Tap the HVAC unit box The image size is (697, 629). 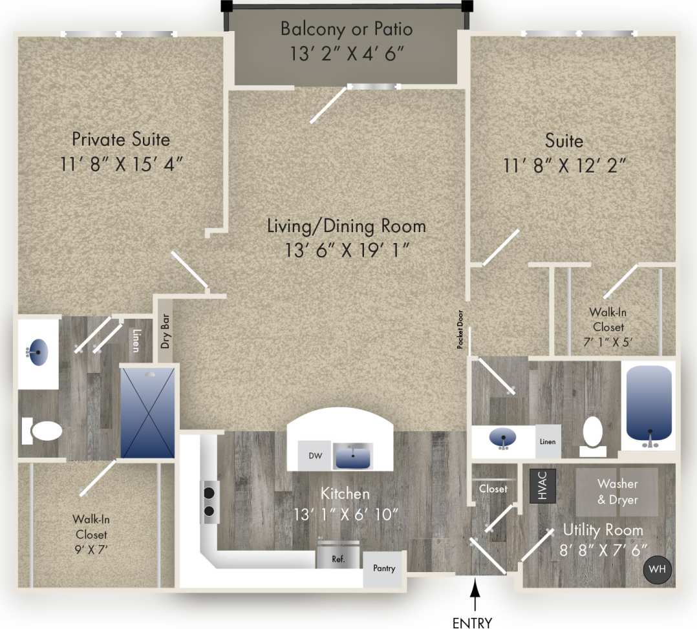[x=542, y=485]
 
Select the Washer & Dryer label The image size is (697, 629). [x=617, y=491]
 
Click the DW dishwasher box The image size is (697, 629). [x=315, y=456]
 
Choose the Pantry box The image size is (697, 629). [x=384, y=568]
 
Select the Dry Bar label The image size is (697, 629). [x=166, y=334]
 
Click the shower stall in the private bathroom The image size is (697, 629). [x=147, y=412]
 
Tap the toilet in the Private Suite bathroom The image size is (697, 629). [x=41, y=431]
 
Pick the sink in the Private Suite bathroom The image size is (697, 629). [x=38, y=353]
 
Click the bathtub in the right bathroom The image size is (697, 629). [x=648, y=405]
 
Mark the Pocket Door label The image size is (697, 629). [x=460, y=330]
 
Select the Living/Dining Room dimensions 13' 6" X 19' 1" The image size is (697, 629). [x=347, y=250]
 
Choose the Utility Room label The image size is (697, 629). [x=602, y=531]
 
